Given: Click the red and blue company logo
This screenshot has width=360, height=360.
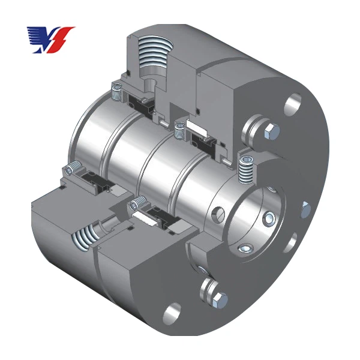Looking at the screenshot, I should point(50,38).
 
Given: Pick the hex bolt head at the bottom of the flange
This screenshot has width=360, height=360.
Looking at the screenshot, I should point(220,298).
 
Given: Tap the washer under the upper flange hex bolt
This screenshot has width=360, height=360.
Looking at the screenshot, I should point(263,128).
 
